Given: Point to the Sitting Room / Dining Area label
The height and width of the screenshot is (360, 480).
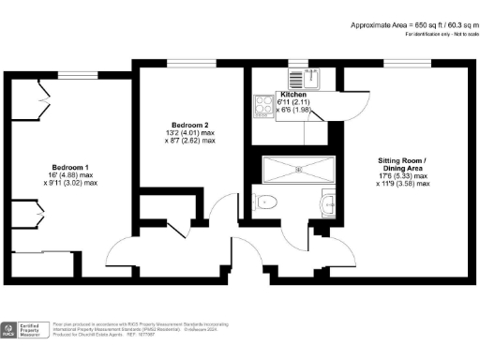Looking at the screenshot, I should [x=402, y=165].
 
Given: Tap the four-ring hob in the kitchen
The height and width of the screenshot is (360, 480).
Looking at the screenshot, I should [x=261, y=106].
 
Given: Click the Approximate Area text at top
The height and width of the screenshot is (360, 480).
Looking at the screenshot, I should [x=411, y=24].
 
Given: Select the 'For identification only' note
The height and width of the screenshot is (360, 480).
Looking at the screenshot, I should [x=440, y=34].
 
